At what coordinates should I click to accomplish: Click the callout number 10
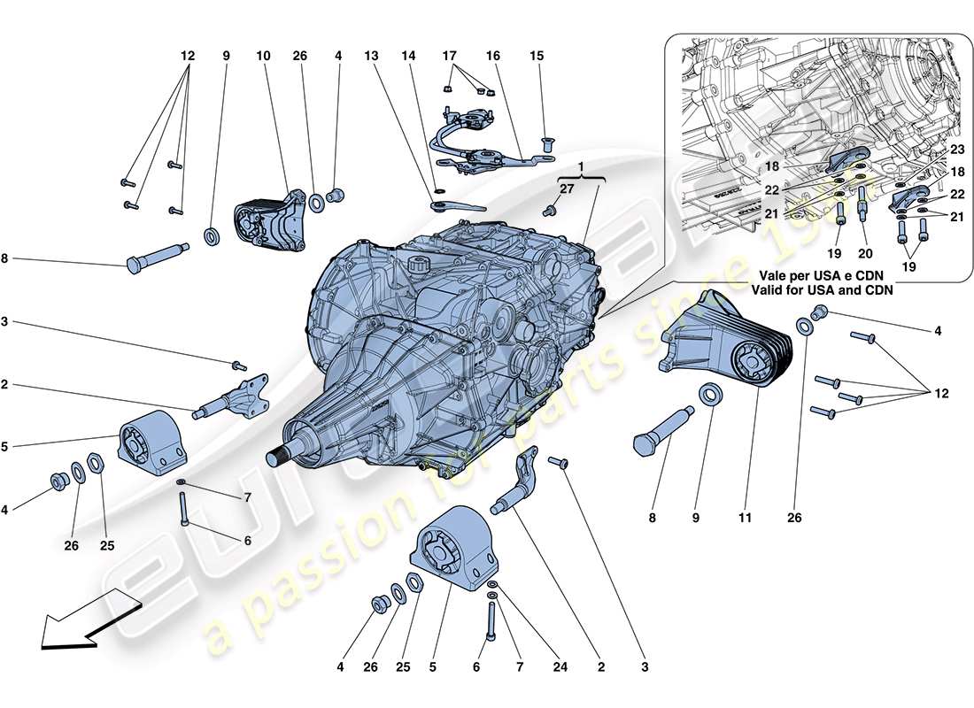coord(262,56)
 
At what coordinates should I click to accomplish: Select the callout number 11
coord(744,518)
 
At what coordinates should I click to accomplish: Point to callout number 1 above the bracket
coord(582,167)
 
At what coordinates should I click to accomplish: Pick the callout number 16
coord(493,56)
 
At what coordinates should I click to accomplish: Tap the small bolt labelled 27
coord(548,210)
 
